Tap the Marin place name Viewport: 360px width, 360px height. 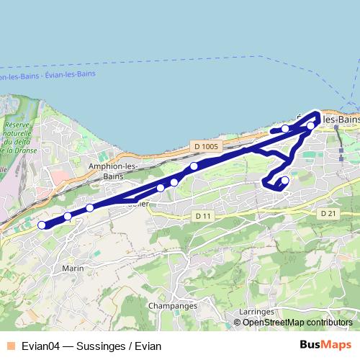pyautogui.click(x=74, y=269)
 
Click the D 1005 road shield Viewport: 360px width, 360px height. pyautogui.click(x=205, y=147)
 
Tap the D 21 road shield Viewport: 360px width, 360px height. pyautogui.click(x=328, y=214)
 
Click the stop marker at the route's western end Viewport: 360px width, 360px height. pyautogui.click(x=42, y=225)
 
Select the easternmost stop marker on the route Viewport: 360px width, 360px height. pyautogui.click(x=310, y=126)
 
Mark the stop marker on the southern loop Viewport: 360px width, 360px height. pyautogui.click(x=284, y=180)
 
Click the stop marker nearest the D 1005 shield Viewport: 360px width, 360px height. pyautogui.click(x=194, y=167)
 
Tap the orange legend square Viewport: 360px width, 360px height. pyautogui.click(x=11, y=345)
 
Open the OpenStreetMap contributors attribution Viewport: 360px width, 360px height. pyautogui.click(x=297, y=322)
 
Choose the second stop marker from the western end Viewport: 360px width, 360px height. pyautogui.click(x=68, y=216)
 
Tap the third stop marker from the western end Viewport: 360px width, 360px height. pyautogui.click(x=90, y=208)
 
